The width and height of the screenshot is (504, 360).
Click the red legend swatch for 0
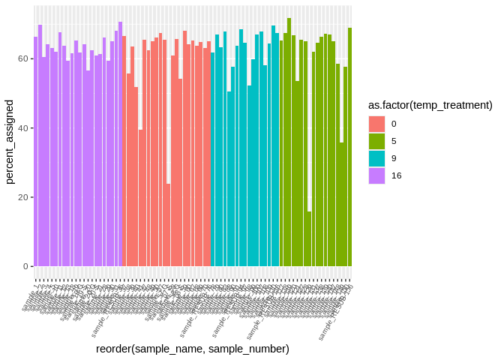376,124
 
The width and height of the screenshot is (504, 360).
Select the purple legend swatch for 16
376,175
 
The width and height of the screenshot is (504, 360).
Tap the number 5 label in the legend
394,141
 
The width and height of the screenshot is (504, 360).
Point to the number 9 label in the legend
394,158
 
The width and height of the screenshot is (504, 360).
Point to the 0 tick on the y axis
25,266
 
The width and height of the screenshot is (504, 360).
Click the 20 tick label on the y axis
22,197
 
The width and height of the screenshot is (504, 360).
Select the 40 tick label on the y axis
22,128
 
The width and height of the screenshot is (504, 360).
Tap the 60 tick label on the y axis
22,59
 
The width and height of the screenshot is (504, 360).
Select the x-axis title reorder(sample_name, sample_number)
193,349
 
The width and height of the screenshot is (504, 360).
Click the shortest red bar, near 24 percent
169,225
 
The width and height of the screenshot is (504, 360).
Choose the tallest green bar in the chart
289,142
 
